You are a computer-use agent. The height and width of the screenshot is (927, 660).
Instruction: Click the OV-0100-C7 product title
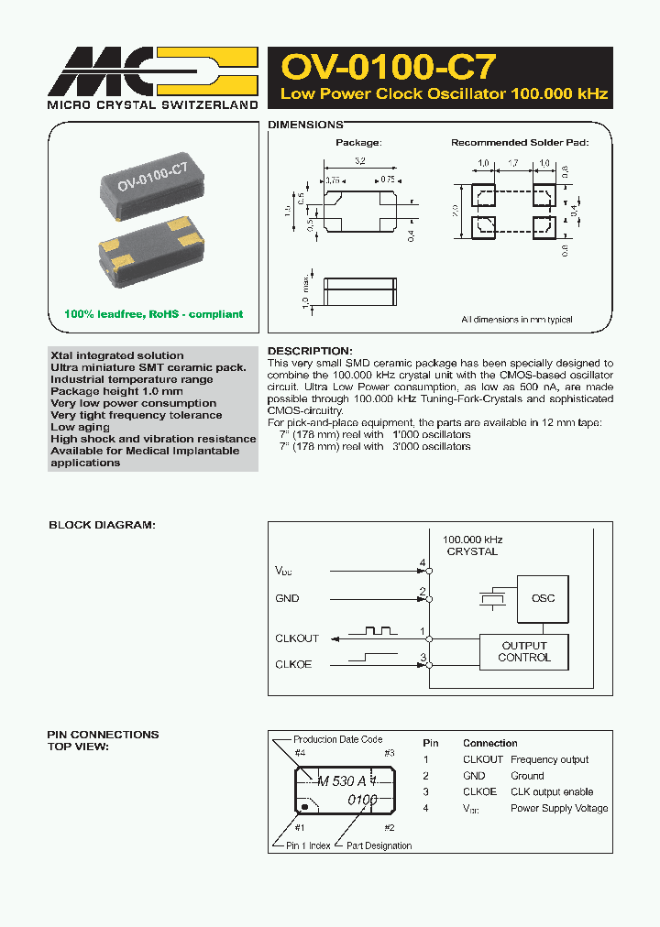389,67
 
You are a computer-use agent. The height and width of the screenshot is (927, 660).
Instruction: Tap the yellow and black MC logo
152,71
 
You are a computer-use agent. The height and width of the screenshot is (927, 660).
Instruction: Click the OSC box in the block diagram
543,598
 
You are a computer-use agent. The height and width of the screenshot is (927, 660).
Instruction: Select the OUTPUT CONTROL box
524,651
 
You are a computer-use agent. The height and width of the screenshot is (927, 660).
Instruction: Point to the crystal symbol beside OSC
492,598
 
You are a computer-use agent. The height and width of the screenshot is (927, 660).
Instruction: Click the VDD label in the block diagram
285,570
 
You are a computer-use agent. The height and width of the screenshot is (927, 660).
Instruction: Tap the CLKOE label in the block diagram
293,664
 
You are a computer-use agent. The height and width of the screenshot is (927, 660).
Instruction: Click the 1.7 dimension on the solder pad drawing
512,163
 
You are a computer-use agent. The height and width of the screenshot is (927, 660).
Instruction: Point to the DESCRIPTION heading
309,351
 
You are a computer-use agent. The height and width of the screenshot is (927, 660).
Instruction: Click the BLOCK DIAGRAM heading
102,525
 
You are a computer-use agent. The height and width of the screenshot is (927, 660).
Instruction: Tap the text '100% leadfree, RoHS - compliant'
153,314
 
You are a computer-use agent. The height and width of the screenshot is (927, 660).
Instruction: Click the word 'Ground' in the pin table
527,776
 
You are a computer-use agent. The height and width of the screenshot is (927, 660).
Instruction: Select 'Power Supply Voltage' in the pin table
559,808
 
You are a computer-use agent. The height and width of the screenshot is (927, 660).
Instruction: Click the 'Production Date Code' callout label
337,739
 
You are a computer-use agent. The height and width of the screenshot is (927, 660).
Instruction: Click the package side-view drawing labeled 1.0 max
359,291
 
